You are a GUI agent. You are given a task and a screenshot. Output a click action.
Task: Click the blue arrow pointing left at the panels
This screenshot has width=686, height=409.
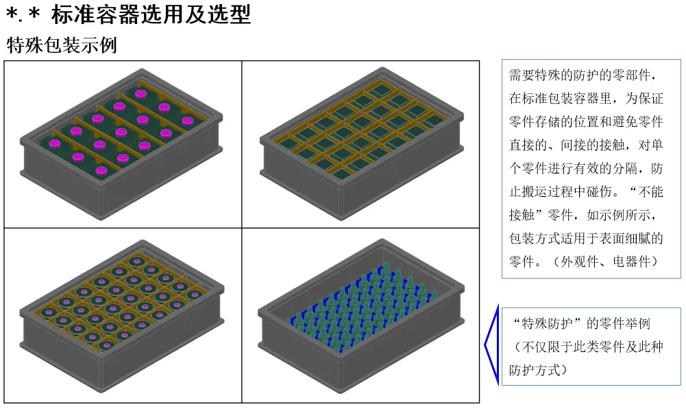click(490, 345)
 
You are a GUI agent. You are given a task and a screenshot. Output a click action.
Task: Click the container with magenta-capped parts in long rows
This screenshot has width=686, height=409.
click(122, 135)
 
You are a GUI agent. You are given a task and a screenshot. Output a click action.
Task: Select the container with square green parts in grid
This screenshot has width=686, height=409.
click(360, 135)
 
